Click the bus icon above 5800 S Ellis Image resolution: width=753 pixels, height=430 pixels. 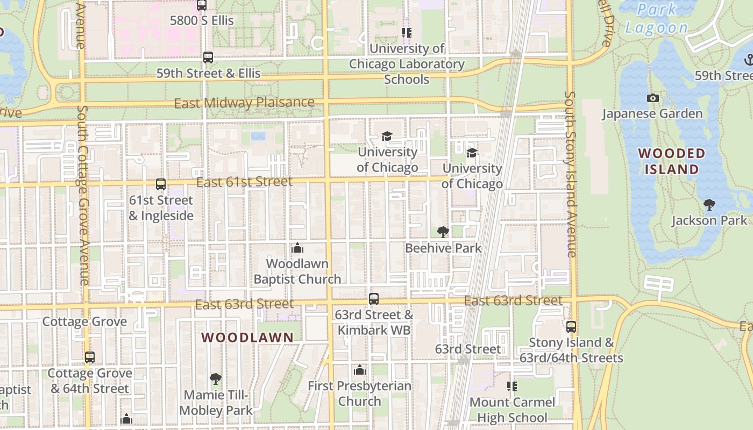(202, 5)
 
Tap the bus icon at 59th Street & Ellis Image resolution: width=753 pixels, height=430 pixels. (208, 57)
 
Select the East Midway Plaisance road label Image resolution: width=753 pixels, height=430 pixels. (244, 103)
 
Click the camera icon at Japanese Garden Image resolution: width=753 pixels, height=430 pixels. (652, 98)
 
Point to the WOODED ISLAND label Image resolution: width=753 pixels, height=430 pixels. (672, 161)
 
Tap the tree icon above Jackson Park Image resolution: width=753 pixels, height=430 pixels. (709, 204)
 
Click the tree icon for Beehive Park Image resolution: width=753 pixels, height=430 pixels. (443, 232)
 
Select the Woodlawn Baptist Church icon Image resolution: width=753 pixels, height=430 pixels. (297, 248)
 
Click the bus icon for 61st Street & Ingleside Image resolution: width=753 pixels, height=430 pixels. (161, 184)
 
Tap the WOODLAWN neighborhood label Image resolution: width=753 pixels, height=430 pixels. (247, 338)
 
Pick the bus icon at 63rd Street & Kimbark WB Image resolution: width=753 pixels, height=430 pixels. (374, 299)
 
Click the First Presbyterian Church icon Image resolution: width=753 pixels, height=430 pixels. (360, 370)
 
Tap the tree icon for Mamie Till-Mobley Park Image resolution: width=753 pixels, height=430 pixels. (216, 379)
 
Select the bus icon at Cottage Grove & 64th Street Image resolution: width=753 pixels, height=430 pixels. (90, 357)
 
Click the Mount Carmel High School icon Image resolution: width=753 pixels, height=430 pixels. (512, 386)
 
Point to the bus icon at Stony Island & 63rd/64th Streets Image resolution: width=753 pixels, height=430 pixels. (571, 326)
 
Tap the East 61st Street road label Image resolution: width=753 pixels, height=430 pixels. (244, 182)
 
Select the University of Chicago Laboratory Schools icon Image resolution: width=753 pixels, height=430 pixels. (407, 33)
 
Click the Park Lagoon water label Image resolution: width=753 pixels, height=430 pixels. (657, 19)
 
